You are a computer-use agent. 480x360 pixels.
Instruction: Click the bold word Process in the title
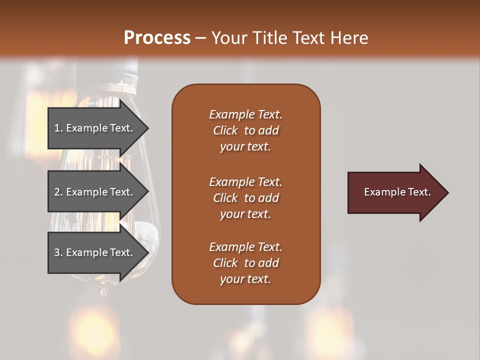(x=157, y=37)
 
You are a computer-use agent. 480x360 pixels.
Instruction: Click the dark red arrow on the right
(x=395, y=192)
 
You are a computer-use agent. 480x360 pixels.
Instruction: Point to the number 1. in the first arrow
(x=58, y=128)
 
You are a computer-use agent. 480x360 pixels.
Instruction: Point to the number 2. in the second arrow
(x=58, y=192)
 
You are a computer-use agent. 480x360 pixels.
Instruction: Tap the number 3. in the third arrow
(x=58, y=252)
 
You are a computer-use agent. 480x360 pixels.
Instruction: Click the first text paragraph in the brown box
(x=245, y=130)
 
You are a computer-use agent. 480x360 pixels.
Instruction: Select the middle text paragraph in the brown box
(x=245, y=198)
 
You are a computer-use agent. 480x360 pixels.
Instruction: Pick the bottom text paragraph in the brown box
(x=245, y=263)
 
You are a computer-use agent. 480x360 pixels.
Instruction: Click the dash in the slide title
(x=201, y=38)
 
